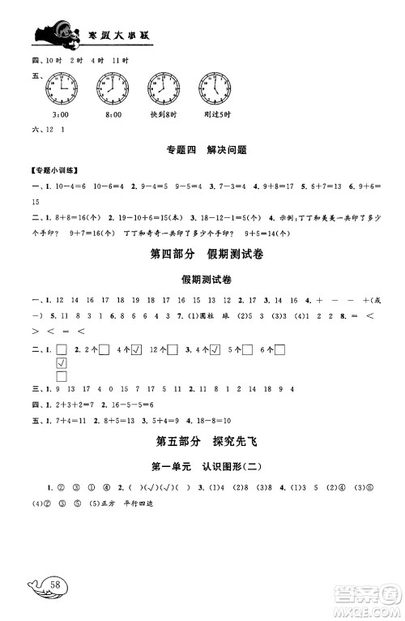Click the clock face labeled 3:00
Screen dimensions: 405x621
coord(62,86)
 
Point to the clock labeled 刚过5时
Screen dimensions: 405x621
coord(214,86)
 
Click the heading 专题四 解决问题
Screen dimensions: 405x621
coord(203,150)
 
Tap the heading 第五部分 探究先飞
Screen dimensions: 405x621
coord(203,442)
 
